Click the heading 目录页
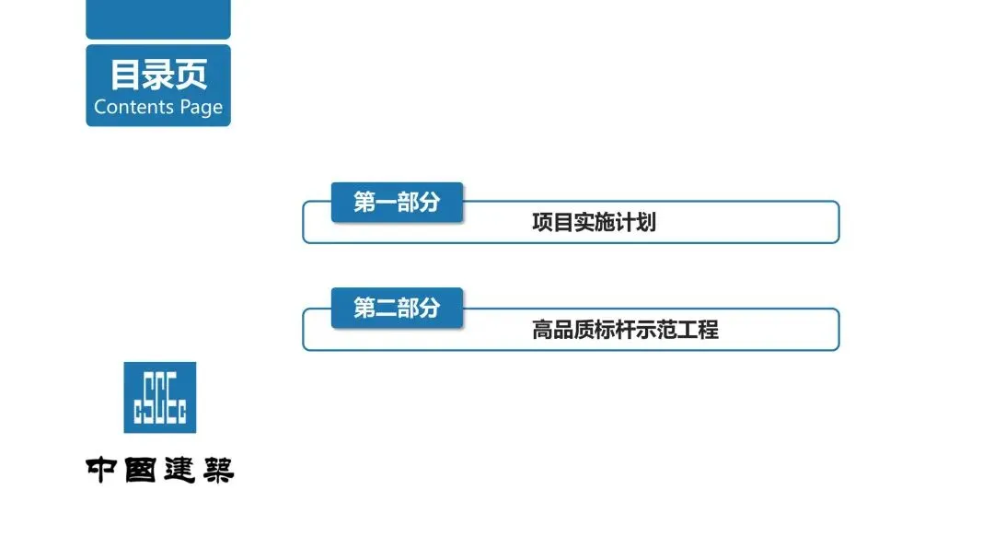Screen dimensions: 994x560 pos(158,74)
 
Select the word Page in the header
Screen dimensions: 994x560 pos(201,108)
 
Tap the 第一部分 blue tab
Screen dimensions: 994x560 pos(397,203)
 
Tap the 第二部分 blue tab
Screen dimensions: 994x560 pos(397,309)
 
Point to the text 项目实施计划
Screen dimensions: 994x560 pos(594,223)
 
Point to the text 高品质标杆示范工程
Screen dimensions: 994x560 pos(625,329)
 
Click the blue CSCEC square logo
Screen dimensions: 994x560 pos(160,397)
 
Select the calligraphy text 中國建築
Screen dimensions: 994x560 pos(160,469)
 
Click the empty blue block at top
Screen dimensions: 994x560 pos(158,18)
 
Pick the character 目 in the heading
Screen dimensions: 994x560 pos(126,74)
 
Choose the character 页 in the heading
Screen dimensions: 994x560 pos(191,74)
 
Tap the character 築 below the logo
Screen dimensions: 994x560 pos(216,469)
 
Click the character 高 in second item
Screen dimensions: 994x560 pos(542,329)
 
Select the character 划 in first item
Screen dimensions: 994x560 pos(645,223)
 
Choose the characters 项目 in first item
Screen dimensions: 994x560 pos(552,223)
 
